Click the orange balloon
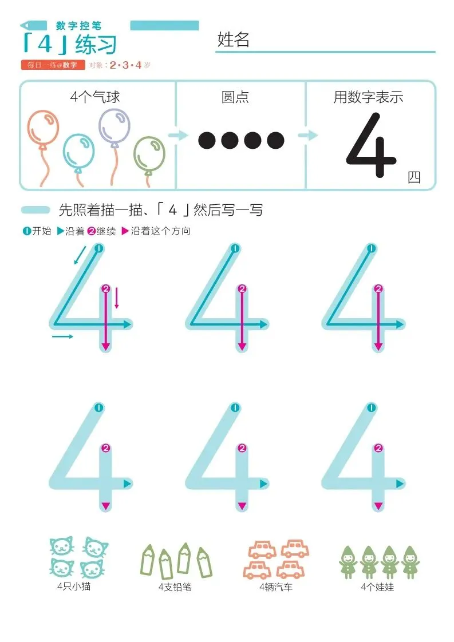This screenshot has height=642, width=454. (x=43, y=128)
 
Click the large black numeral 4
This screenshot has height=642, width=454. (x=371, y=145)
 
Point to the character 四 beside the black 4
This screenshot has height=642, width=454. (x=414, y=177)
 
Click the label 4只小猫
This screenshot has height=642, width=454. (x=74, y=586)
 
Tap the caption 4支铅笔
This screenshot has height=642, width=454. (x=175, y=587)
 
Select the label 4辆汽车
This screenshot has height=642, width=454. (x=276, y=587)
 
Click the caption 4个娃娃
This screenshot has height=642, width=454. (x=377, y=587)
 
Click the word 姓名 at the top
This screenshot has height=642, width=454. (x=233, y=39)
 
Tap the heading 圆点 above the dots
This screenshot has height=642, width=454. (x=235, y=97)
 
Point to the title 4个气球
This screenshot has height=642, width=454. (x=94, y=97)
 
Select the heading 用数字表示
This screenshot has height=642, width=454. (x=368, y=97)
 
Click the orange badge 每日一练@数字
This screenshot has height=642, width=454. (x=53, y=65)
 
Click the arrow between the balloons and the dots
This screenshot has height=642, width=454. (x=178, y=136)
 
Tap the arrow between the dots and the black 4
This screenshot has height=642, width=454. (x=307, y=135)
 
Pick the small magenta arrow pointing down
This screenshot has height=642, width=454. (x=117, y=298)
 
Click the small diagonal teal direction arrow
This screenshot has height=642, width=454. (x=80, y=256)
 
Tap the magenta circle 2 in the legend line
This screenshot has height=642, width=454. (x=92, y=231)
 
